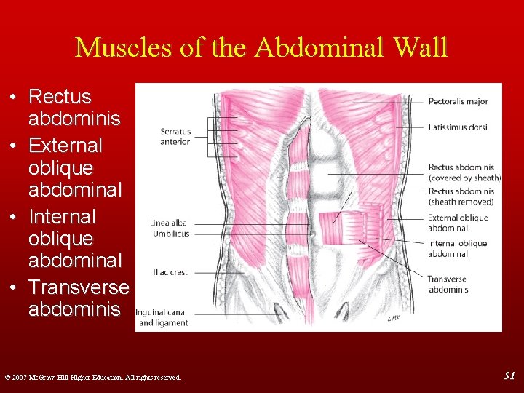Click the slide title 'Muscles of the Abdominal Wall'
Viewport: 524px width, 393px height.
(x=261, y=48)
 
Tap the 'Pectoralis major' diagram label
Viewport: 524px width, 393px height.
(x=458, y=102)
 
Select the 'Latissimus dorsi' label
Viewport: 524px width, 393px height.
(x=457, y=127)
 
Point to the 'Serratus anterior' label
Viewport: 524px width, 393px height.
(x=175, y=137)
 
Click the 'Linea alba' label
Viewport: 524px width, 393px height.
(x=170, y=223)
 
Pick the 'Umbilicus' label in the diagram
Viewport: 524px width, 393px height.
(x=171, y=234)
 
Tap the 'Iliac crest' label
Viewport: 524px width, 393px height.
(x=170, y=272)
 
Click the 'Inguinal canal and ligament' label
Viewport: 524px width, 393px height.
(x=162, y=317)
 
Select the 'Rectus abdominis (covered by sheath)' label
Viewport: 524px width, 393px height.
(x=464, y=172)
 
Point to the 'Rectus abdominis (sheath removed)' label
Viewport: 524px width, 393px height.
(x=461, y=196)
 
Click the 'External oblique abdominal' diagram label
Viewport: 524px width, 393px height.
(x=458, y=223)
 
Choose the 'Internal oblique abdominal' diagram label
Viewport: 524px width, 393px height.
(x=458, y=249)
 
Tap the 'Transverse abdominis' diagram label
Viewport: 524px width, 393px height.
(x=448, y=284)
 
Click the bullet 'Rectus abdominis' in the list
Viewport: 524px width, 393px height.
(x=65, y=106)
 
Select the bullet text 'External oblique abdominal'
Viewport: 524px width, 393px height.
(x=65, y=167)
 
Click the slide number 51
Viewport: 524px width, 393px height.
(x=509, y=375)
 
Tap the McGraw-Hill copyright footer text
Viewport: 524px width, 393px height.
(x=93, y=377)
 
